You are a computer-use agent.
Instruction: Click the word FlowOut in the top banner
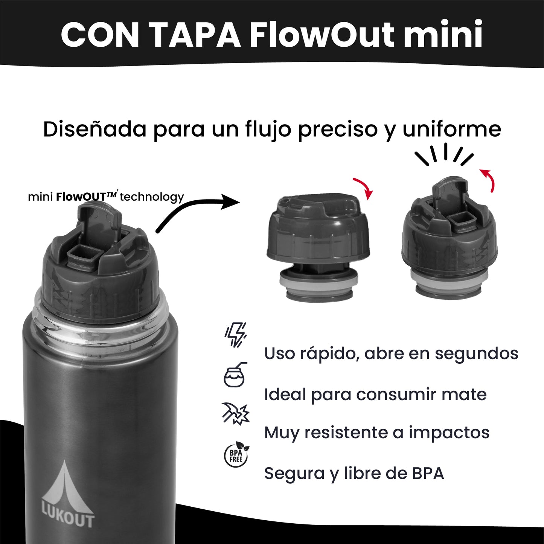click(322, 35)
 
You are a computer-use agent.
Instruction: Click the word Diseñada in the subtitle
click(94, 129)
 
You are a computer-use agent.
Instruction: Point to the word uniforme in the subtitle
click(452, 129)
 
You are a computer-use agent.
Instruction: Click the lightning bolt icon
click(236, 335)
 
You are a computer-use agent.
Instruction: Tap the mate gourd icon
click(235, 375)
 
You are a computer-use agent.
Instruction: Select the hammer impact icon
click(236, 413)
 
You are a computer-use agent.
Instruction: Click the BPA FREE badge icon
click(236, 454)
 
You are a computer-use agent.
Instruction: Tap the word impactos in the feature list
click(449, 433)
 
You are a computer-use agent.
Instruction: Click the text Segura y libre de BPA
click(354, 473)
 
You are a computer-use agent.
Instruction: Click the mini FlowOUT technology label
click(106, 197)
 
